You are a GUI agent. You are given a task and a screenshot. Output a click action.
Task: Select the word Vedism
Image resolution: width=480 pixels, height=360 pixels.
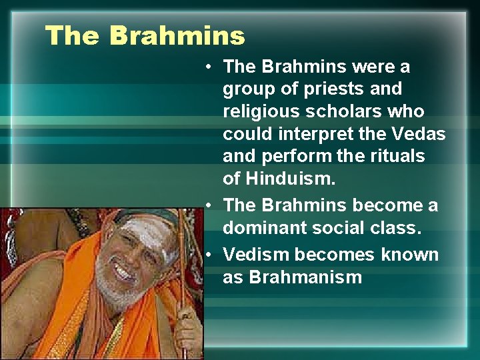pos(256,255)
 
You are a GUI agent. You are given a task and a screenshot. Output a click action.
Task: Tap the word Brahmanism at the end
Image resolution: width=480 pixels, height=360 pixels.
pos(305,277)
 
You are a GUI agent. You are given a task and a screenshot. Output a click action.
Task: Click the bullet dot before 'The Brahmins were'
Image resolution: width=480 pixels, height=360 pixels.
pos(209,67)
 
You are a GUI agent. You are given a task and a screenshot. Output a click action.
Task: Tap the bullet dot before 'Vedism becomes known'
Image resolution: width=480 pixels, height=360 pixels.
pos(209,255)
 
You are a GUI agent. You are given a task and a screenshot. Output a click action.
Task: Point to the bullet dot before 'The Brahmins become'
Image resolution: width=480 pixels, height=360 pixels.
pos(209,205)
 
